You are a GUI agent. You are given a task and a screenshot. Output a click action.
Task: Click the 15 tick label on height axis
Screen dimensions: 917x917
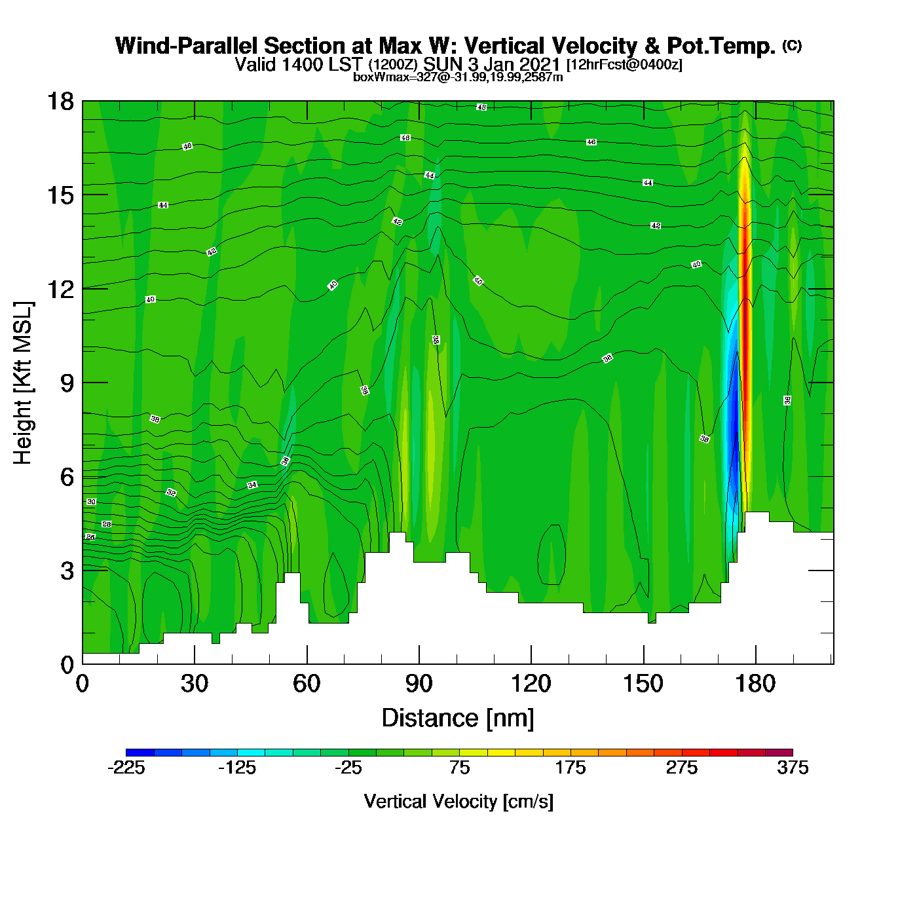[x=60, y=195]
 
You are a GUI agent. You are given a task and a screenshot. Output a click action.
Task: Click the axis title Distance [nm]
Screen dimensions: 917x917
[x=458, y=719]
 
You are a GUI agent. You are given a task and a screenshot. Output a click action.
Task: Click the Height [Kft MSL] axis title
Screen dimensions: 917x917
[x=23, y=383]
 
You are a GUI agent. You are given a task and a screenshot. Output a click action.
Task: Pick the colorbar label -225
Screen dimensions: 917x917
[x=126, y=768]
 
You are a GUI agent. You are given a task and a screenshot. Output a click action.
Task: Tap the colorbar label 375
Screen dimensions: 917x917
[x=793, y=768]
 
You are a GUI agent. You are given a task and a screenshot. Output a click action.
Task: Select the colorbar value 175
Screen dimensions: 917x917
[x=571, y=768]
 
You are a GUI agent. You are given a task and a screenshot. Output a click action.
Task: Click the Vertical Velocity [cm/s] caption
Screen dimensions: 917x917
[x=458, y=802]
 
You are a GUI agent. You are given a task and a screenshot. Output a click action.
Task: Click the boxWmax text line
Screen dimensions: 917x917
[x=458, y=77]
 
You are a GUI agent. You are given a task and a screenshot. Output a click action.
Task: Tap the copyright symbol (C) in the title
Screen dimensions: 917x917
[x=792, y=45]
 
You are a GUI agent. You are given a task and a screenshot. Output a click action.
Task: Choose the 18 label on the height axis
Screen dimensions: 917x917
[x=60, y=102]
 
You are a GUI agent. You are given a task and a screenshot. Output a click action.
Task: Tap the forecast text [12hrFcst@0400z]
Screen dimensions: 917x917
[x=624, y=65]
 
